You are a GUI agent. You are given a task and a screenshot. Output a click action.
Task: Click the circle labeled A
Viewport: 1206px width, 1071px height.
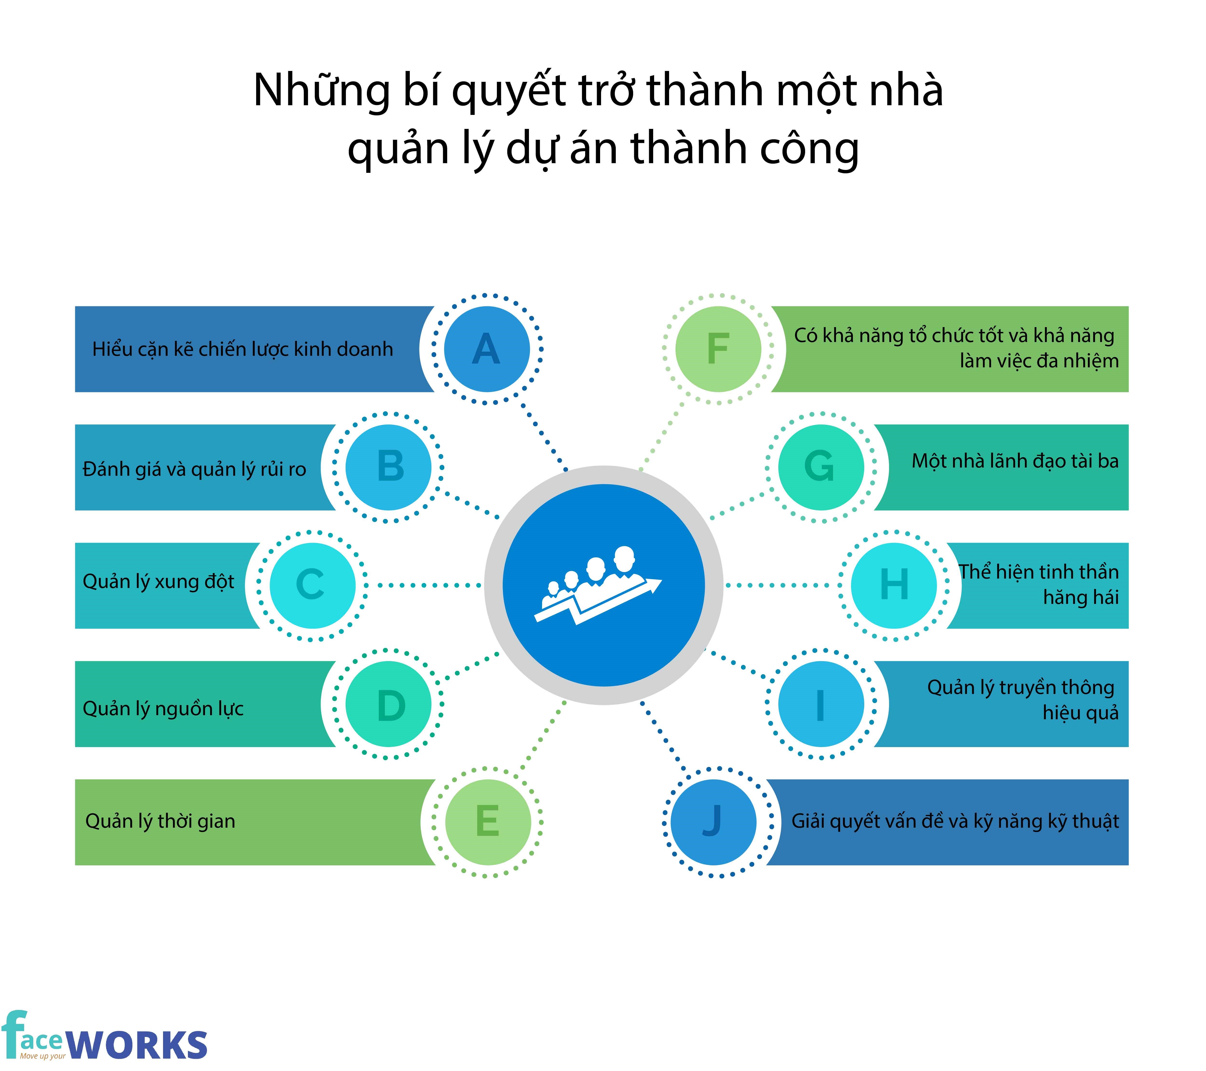487,349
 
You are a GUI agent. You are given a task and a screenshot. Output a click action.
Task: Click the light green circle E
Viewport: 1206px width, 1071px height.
488,822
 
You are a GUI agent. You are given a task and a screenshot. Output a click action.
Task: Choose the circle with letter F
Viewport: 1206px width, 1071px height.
718,349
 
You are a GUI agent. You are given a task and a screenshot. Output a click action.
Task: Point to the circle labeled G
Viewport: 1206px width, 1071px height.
821,467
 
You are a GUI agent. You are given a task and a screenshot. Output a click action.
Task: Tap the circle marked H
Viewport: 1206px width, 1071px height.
894,585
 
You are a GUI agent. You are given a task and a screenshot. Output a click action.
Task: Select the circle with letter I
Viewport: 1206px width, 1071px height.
821,704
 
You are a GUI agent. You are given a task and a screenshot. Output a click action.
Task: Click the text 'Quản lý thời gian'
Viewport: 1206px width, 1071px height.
160,821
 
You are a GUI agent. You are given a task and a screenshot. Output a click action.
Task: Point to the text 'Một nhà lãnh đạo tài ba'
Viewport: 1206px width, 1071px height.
1015,461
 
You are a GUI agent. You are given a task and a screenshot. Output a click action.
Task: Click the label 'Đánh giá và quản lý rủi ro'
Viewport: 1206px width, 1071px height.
195,469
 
